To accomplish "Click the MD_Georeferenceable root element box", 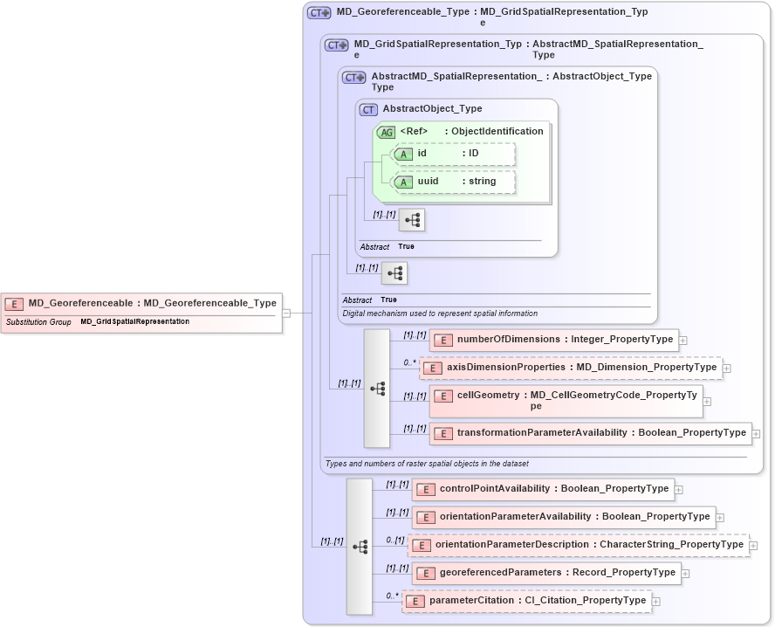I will (142, 304).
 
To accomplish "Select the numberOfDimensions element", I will (554, 340).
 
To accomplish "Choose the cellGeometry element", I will (566, 400).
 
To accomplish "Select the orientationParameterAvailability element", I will (564, 517).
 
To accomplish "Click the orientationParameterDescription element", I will (578, 545).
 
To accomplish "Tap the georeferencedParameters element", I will (546, 573).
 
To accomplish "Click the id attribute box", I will (454, 154).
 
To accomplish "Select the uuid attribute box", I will (454, 182).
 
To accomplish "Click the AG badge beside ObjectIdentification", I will (386, 132).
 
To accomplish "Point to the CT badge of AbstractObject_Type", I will (368, 110).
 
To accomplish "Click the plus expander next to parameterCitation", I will (656, 601).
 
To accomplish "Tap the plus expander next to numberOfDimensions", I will (683, 341).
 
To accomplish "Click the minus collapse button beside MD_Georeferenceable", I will (285, 313).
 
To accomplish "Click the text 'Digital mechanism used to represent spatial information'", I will (440, 313).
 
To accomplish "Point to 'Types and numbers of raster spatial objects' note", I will (426, 464).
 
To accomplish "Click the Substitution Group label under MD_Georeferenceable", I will (38, 322).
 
